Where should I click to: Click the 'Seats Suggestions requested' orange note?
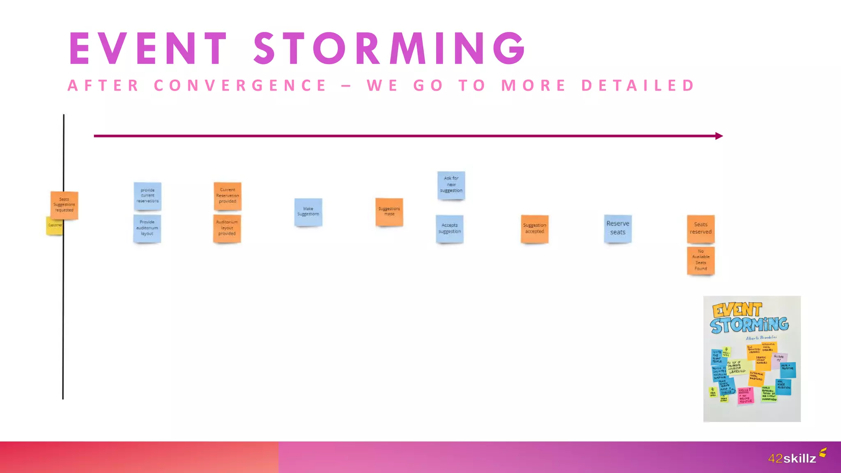point(64,205)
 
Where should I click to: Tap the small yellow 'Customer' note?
point(54,226)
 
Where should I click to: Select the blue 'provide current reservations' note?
point(147,196)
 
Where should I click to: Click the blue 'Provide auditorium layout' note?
point(147,228)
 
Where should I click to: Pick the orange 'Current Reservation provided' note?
point(227,196)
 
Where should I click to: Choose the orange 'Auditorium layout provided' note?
point(227,228)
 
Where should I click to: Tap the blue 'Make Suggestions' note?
point(308,212)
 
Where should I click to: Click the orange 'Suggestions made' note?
point(389,212)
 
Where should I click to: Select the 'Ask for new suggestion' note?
point(451,185)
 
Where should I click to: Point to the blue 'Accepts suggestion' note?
point(450,229)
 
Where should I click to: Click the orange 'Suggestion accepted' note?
point(535,229)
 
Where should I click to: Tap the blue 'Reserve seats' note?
point(618,228)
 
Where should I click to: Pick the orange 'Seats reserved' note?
point(701,228)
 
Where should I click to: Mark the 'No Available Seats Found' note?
point(701,260)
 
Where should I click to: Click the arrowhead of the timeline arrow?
point(719,136)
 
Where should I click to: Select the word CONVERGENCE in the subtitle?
point(240,86)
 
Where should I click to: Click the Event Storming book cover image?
point(752,358)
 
